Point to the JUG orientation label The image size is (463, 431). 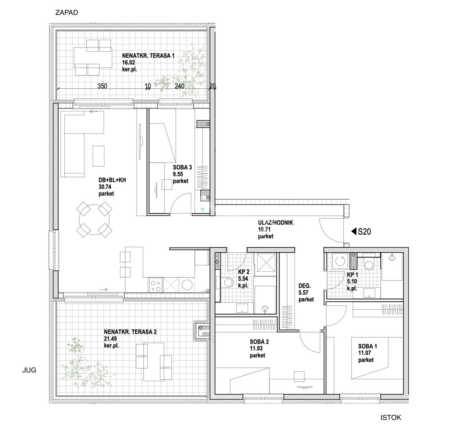coord(28,370)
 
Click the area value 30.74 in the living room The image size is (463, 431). coord(106,187)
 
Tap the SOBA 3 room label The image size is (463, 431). coord(182,167)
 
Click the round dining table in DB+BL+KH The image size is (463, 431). coord(95,220)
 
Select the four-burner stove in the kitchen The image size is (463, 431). coord(156,284)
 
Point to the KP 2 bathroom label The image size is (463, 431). coord(244,272)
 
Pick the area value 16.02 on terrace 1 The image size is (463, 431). coord(129,64)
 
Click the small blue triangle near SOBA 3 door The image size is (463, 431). coord(203,209)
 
